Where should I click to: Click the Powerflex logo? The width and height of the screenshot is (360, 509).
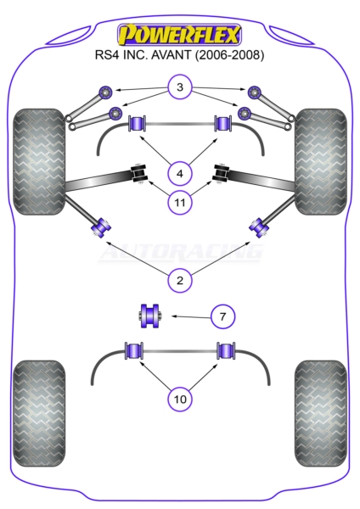pos(180,34)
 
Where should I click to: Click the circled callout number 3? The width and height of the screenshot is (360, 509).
pos(180,87)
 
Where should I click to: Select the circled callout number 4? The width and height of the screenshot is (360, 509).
pos(180,174)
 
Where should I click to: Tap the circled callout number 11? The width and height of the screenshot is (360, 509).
pos(180,203)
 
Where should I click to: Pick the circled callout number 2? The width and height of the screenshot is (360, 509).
pos(180,280)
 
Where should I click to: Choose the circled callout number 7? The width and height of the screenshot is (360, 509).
pos(222,316)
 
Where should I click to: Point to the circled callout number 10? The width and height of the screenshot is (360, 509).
pos(180,399)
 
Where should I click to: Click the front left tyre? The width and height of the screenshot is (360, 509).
pos(39,161)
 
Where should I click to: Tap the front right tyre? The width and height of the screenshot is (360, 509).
pos(321,161)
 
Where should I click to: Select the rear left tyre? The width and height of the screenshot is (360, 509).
pos(39,414)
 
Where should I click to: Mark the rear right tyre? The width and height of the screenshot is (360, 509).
pos(321,414)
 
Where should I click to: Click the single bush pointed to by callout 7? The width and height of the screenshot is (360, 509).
pos(149,316)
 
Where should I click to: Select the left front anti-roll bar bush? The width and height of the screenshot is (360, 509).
pos(137,123)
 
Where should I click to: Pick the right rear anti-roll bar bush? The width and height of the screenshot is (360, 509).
pos(226,350)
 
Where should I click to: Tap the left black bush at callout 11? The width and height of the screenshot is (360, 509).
pos(139,173)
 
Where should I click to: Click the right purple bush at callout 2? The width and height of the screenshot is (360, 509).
pos(259,227)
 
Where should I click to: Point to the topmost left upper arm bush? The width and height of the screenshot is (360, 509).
pos(105,92)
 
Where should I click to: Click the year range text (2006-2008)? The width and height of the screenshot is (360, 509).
pos(229,55)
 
